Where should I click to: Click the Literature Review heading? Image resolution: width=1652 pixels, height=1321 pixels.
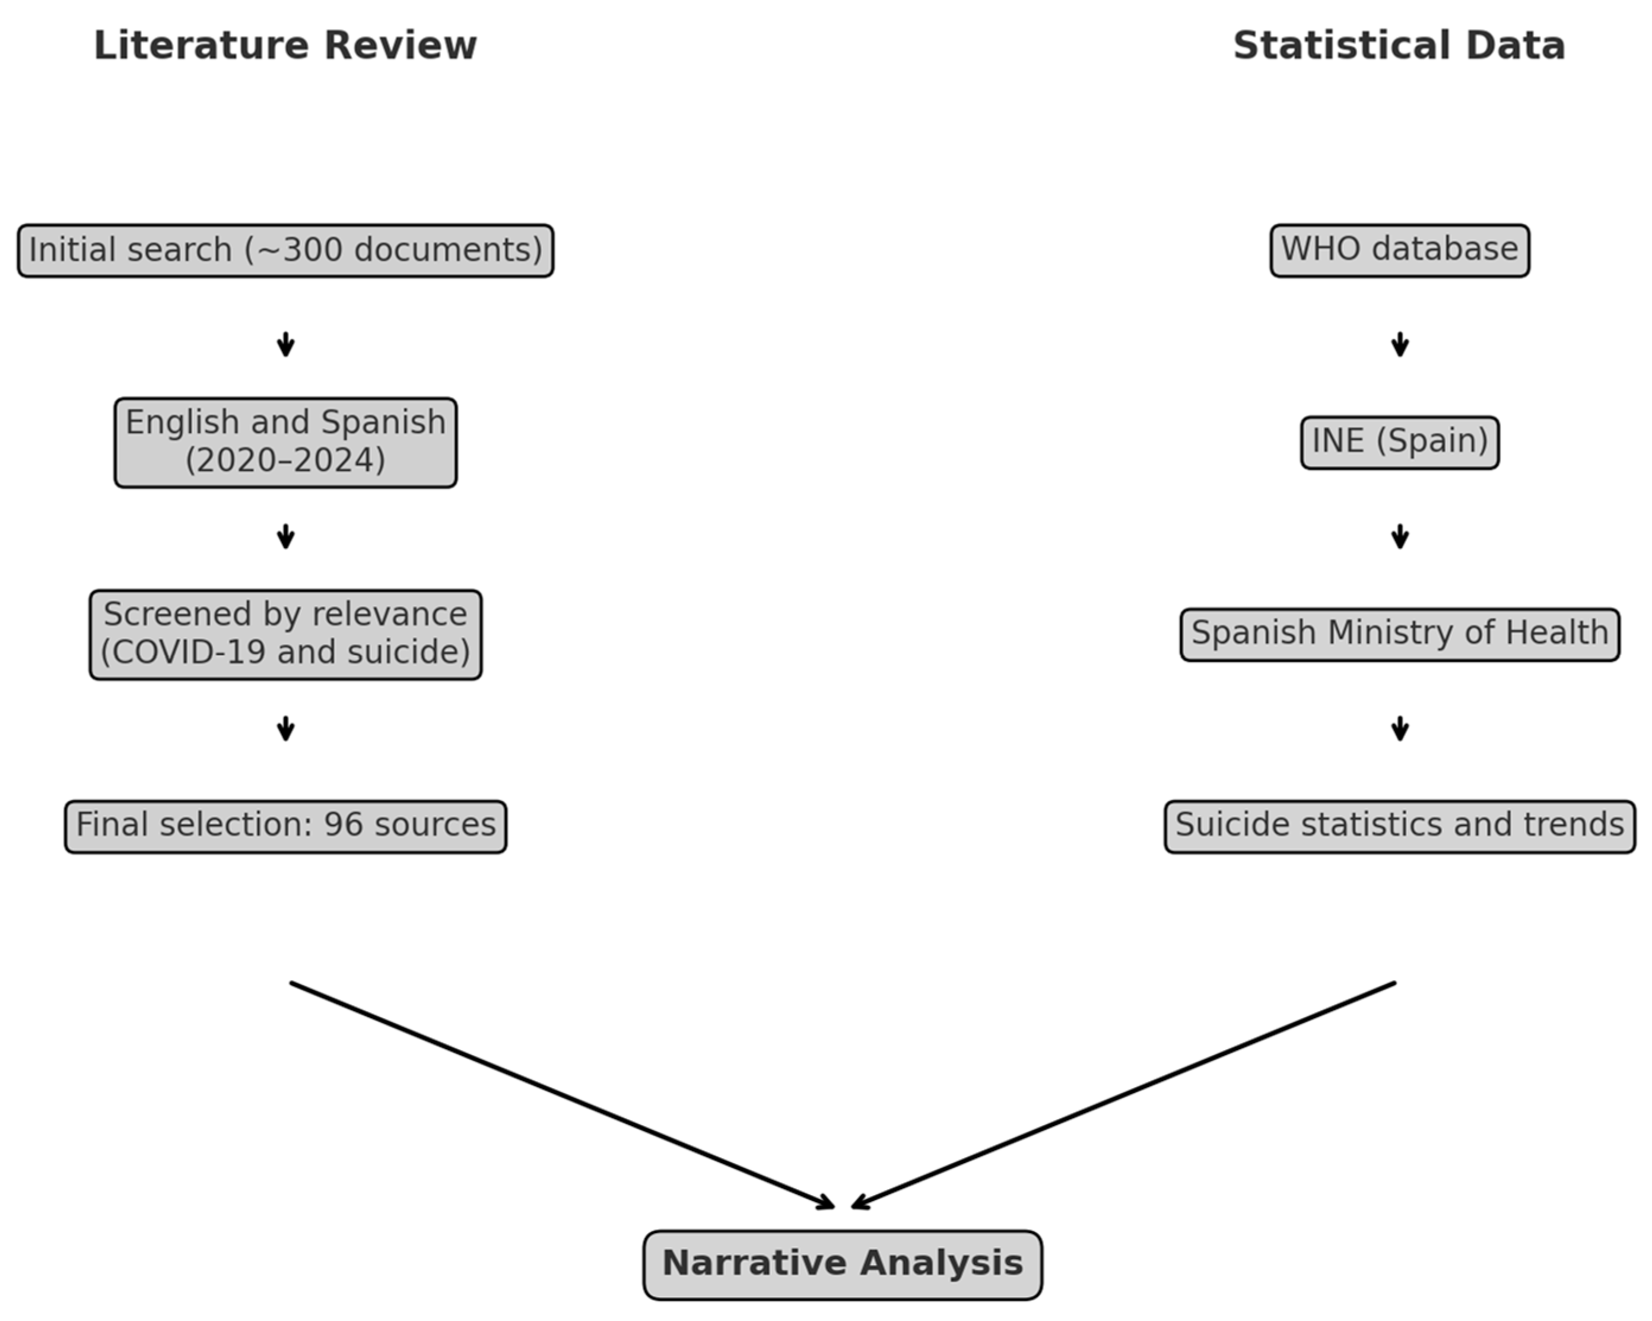pos(285,45)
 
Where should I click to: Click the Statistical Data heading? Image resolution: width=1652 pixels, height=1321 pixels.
pos(1399,45)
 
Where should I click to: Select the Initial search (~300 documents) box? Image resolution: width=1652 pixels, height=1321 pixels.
pos(285,250)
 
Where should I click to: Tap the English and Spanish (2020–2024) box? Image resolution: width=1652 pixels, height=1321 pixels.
pos(285,442)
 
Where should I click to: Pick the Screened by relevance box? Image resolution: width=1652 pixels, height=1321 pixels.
pos(285,634)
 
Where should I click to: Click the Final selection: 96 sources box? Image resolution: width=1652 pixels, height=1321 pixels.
pos(285,826)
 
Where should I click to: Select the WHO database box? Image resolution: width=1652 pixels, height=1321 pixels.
pos(1399,250)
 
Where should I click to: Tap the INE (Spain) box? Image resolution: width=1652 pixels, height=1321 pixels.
pos(1399,442)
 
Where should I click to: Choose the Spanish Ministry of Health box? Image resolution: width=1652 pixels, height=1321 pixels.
pos(1399,634)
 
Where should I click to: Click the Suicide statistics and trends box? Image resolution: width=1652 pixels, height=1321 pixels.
pos(1399,826)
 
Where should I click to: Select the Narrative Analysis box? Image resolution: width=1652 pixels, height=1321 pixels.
pos(842,1264)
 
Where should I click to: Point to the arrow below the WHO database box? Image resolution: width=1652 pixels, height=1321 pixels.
pos(1400,345)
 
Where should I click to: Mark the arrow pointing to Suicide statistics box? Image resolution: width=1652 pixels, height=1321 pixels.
pos(1400,729)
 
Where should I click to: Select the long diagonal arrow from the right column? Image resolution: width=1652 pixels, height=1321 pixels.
pos(1123,1095)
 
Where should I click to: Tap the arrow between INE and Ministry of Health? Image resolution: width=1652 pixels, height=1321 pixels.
pos(1400,536)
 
